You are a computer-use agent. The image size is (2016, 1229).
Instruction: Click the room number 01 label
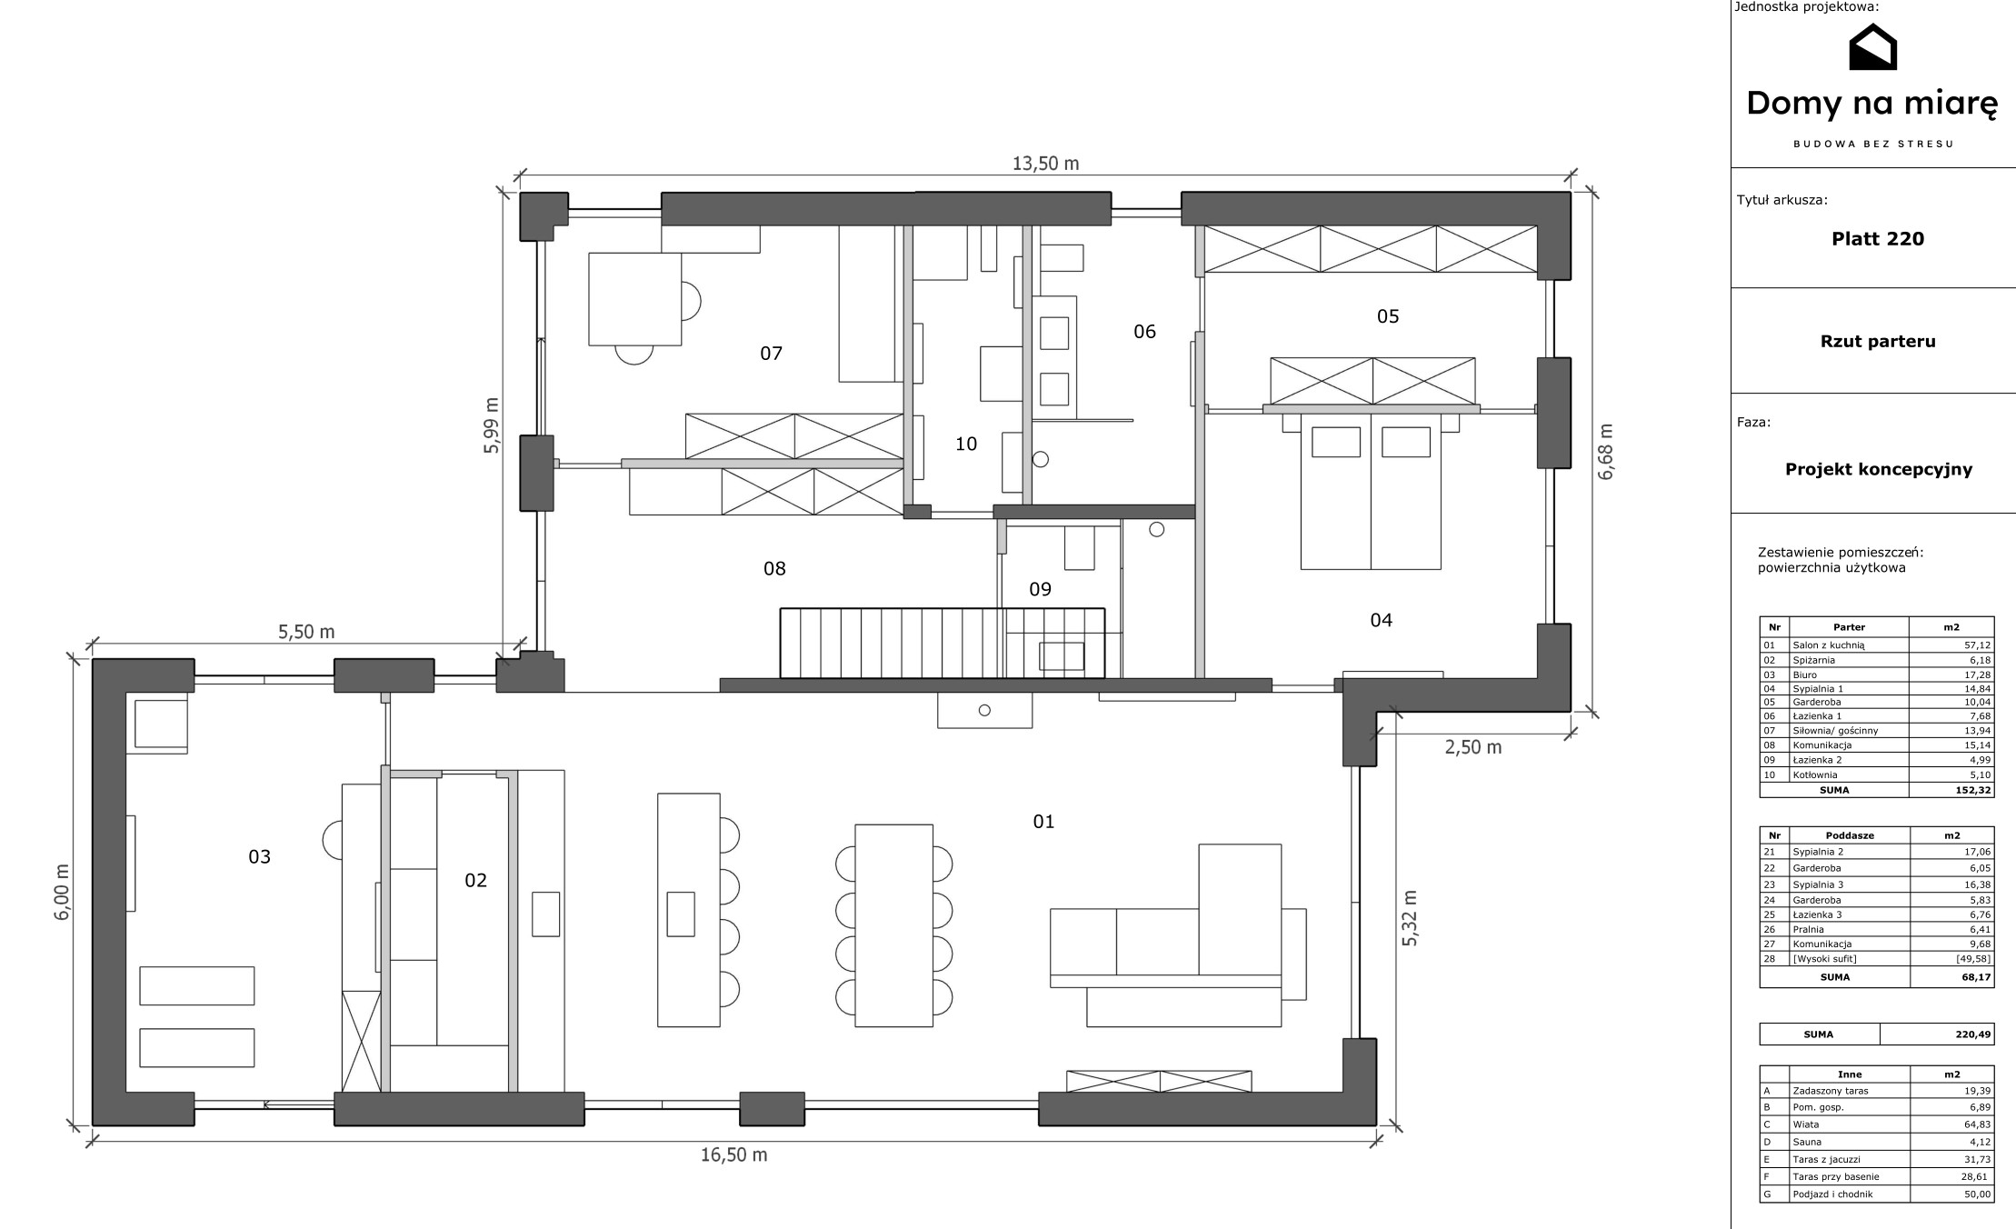point(1043,822)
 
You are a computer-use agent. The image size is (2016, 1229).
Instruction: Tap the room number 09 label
point(1040,589)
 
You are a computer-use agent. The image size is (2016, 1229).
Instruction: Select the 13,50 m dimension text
point(1045,164)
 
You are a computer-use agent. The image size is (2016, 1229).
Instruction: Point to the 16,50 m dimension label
point(734,1154)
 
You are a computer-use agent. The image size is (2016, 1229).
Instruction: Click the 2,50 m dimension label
point(1473,747)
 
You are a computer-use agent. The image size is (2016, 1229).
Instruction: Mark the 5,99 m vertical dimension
point(492,425)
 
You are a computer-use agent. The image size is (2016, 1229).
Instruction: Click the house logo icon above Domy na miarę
point(1872,46)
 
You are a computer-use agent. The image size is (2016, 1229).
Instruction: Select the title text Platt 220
point(1878,239)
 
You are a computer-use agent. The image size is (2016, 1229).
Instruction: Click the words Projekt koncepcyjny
point(1879,470)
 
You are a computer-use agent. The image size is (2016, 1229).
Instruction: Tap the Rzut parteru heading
point(1878,342)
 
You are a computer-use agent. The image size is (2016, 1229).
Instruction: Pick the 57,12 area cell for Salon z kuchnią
point(1977,645)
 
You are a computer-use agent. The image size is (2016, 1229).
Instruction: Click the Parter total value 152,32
point(1973,790)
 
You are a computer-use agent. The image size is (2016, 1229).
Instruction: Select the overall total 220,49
point(1973,1034)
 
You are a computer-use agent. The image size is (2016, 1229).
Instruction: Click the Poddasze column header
point(1850,835)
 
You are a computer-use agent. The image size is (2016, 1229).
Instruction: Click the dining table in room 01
point(894,925)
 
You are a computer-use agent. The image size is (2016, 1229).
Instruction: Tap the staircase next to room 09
point(942,643)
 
